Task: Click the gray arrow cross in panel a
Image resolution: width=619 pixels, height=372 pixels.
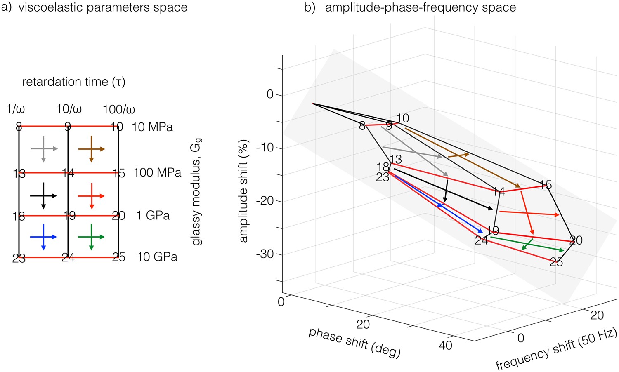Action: click(x=44, y=148)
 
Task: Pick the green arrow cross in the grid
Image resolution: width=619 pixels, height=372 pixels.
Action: click(x=91, y=237)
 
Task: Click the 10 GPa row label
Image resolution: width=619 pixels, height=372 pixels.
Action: click(x=157, y=257)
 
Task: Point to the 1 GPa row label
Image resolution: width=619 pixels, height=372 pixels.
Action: click(x=153, y=215)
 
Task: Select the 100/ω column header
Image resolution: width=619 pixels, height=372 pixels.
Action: click(x=119, y=110)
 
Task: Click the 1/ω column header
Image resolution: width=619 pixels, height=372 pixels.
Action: click(x=16, y=109)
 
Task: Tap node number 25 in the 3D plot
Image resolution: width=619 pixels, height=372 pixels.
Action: click(x=556, y=262)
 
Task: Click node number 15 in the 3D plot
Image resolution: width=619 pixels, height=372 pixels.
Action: click(x=546, y=185)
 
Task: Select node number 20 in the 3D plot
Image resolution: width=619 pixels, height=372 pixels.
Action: click(x=576, y=240)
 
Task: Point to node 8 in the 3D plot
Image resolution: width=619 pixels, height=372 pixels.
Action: click(x=362, y=126)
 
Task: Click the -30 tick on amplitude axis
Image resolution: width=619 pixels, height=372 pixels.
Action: click(x=265, y=254)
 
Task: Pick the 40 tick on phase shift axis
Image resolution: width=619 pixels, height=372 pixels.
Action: click(x=445, y=345)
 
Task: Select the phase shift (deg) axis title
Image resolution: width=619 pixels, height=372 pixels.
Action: click(x=354, y=342)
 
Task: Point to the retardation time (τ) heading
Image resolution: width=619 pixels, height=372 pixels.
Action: click(x=73, y=82)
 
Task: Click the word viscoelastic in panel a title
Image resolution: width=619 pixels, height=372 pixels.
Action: click(x=51, y=7)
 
